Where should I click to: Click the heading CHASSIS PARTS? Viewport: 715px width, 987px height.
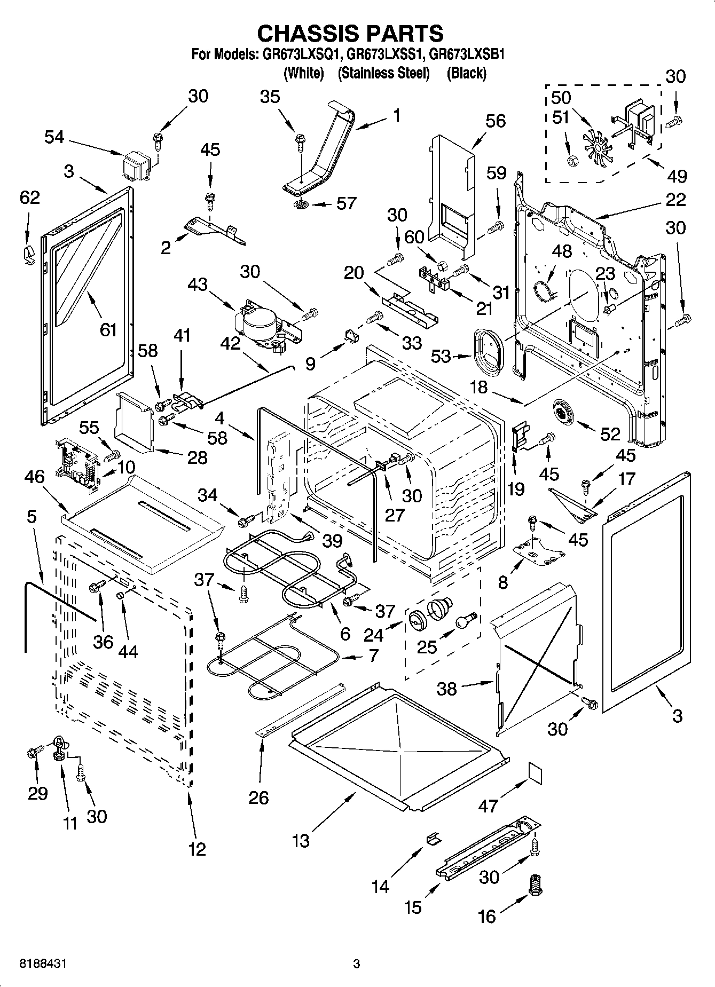coord(350,33)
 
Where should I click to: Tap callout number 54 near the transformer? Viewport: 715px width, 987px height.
coord(54,137)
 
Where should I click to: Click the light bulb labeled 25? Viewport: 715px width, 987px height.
coord(463,620)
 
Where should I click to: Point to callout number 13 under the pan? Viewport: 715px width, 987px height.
coord(301,841)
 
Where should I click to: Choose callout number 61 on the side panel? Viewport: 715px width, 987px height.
coord(108,329)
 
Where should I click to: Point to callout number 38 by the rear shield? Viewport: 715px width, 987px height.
coord(446,689)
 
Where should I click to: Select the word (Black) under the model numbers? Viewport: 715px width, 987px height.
coord(466,73)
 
